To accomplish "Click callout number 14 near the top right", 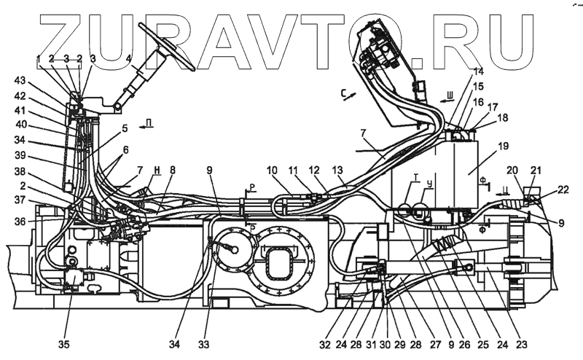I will (477, 71).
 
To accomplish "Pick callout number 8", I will (173, 170).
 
